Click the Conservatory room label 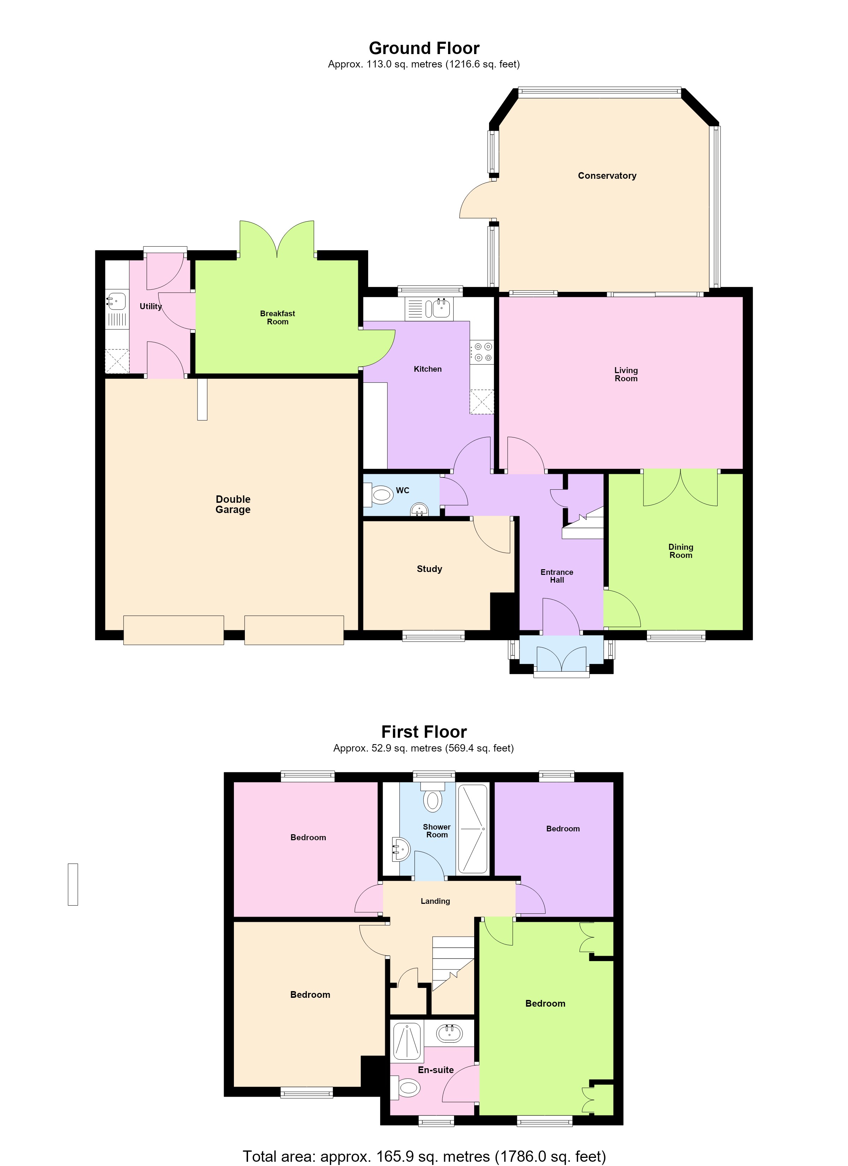[x=607, y=176]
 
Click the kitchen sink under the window [x=441, y=309]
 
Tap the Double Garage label [x=233, y=504]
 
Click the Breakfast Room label [x=278, y=318]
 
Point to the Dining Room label [x=681, y=551]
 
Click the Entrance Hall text [x=557, y=576]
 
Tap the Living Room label [x=626, y=374]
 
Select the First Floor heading [x=424, y=732]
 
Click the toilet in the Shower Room [x=433, y=797]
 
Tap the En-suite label [x=436, y=1070]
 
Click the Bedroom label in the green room [x=545, y=1003]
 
